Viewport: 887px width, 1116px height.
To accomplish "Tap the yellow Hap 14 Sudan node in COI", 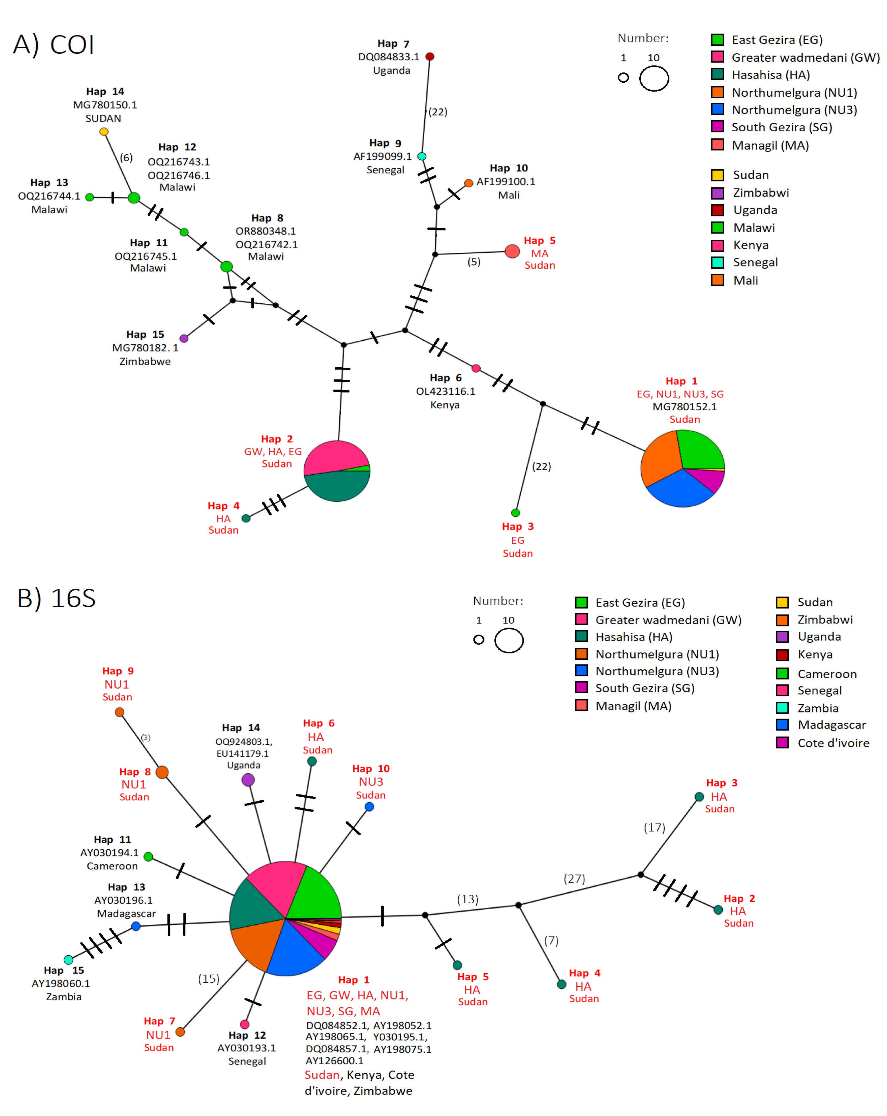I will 104,131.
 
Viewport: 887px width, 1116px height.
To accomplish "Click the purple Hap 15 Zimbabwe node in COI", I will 184,339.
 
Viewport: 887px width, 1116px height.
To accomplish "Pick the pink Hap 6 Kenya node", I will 476,368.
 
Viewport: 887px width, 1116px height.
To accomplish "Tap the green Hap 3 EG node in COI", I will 515,513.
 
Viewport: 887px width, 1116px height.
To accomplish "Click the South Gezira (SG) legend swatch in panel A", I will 717,127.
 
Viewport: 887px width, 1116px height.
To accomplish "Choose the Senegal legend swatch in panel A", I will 717,262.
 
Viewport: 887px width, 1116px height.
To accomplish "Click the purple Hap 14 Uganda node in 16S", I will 248,780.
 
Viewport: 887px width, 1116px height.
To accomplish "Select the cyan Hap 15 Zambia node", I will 68,960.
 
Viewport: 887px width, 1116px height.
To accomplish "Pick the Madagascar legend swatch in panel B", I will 782,725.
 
